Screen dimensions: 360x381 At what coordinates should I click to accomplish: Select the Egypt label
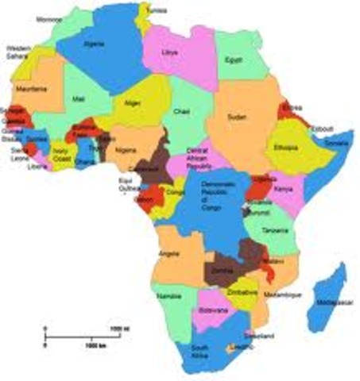232,60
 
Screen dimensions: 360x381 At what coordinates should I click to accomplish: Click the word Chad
181,111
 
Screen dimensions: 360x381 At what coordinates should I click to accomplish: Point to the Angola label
167,253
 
